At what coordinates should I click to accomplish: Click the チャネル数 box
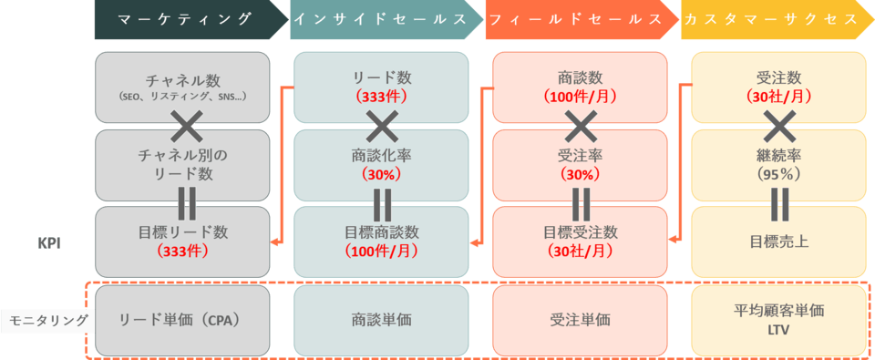pos(182,87)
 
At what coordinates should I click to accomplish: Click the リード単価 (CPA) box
pos(182,320)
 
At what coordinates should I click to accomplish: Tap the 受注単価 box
pos(580,320)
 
